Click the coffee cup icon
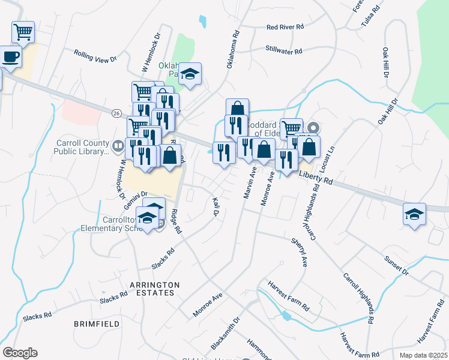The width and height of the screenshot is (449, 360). tap(10, 58)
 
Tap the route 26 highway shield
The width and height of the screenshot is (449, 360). tap(116, 112)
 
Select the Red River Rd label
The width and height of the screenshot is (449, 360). tap(286, 27)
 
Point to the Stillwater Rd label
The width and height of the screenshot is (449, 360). tap(283, 50)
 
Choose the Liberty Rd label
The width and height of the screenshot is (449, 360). tap(316, 176)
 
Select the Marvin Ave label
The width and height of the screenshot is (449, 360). tap(250, 188)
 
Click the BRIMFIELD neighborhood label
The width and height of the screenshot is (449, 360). tap(93, 323)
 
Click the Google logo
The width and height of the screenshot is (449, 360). tap(19, 353)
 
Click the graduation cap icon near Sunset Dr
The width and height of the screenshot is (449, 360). tap(414, 214)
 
